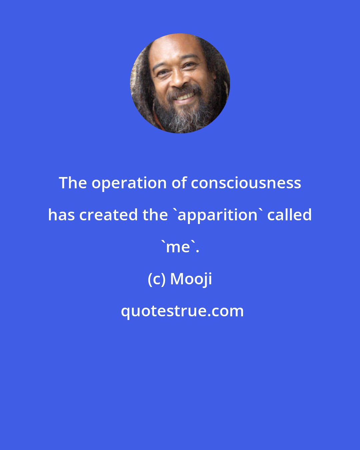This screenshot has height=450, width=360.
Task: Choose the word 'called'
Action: tap(290, 215)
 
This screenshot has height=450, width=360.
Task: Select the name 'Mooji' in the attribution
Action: tap(191, 279)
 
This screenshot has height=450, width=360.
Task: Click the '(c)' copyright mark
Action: tap(157, 279)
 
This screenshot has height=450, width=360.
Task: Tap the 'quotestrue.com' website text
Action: tap(182, 311)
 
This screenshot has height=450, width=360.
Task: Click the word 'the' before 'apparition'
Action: tap(155, 215)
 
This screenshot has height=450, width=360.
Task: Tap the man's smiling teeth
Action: tap(185, 97)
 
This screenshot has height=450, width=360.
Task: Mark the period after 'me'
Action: tap(197, 251)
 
